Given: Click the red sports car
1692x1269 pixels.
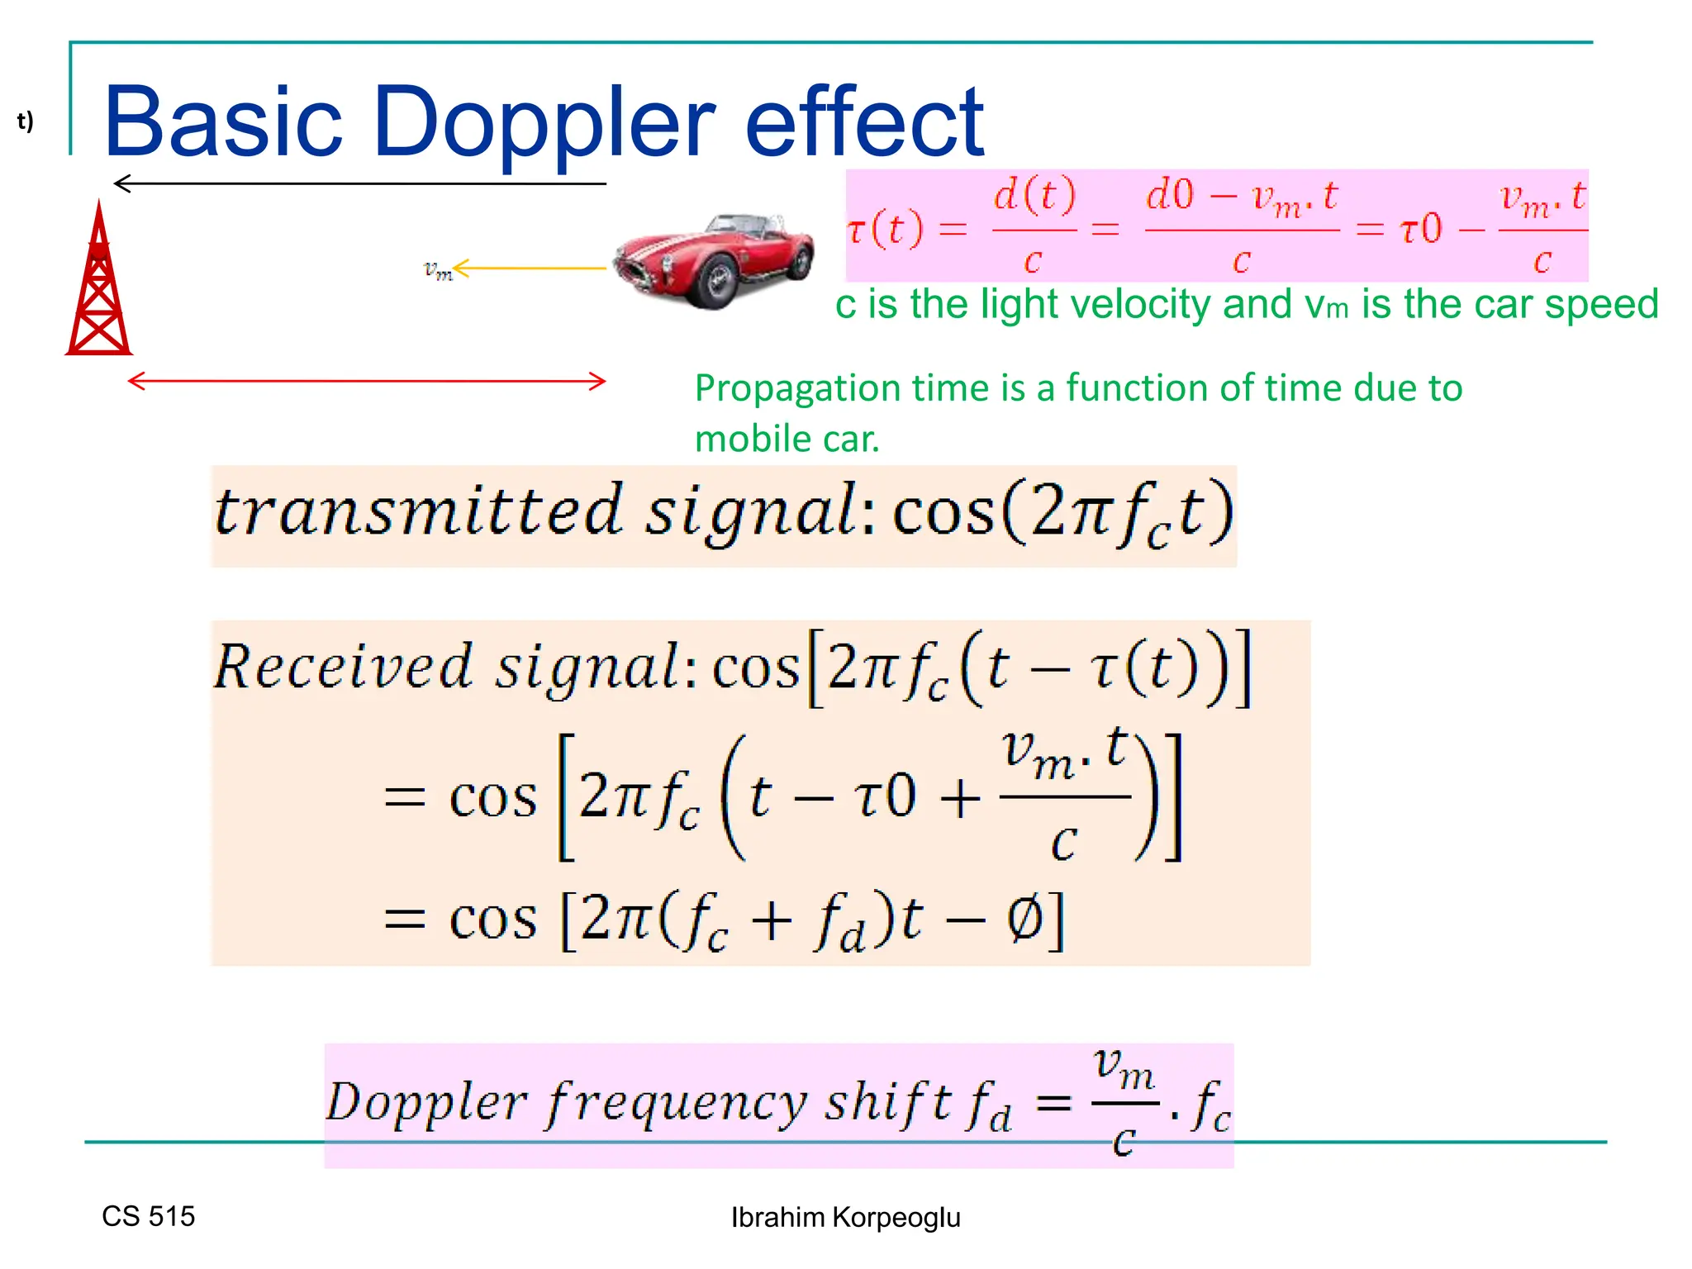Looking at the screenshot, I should [x=714, y=260].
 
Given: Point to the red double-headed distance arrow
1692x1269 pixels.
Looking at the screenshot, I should [x=367, y=381].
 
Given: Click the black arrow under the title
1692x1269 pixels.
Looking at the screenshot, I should [x=360, y=183].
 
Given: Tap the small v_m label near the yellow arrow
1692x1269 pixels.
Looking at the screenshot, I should [x=437, y=269].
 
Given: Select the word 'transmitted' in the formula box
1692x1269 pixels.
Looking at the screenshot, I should [x=417, y=511].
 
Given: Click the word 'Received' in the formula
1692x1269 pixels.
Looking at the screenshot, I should [x=343, y=666].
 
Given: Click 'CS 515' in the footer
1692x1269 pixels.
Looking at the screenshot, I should [x=148, y=1216].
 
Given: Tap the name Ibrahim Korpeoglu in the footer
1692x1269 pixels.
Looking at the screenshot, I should [x=845, y=1217].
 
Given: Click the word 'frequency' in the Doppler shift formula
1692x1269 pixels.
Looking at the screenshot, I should [x=676, y=1103].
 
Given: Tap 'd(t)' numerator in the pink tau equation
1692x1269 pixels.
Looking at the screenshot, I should [x=1034, y=195].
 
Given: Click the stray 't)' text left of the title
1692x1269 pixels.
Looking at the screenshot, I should [x=26, y=121].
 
